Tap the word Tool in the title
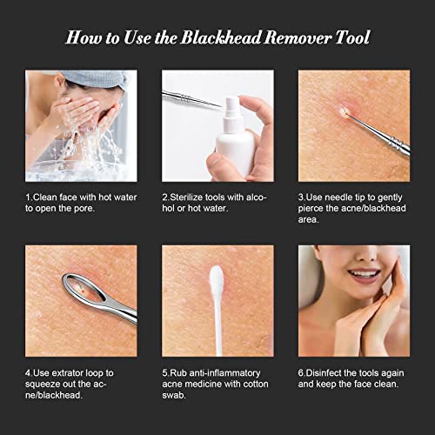(x=351, y=37)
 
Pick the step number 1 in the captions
(x=27, y=198)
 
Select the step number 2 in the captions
(x=164, y=198)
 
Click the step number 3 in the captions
(x=301, y=198)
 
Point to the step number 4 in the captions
(x=28, y=372)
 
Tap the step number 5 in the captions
(x=164, y=372)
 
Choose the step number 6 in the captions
(x=301, y=372)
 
